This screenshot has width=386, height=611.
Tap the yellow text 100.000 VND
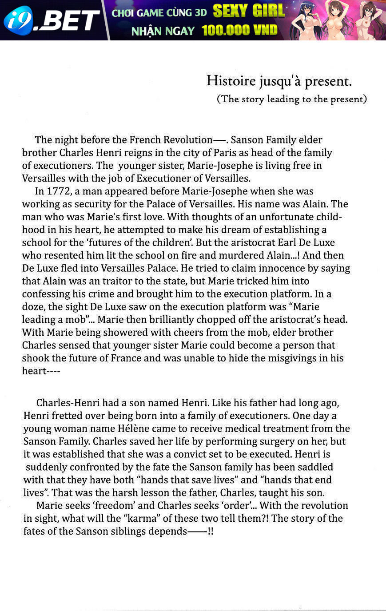(x=239, y=30)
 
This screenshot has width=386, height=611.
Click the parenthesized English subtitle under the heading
(x=292, y=99)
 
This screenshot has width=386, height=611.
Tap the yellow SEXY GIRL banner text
(x=248, y=11)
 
